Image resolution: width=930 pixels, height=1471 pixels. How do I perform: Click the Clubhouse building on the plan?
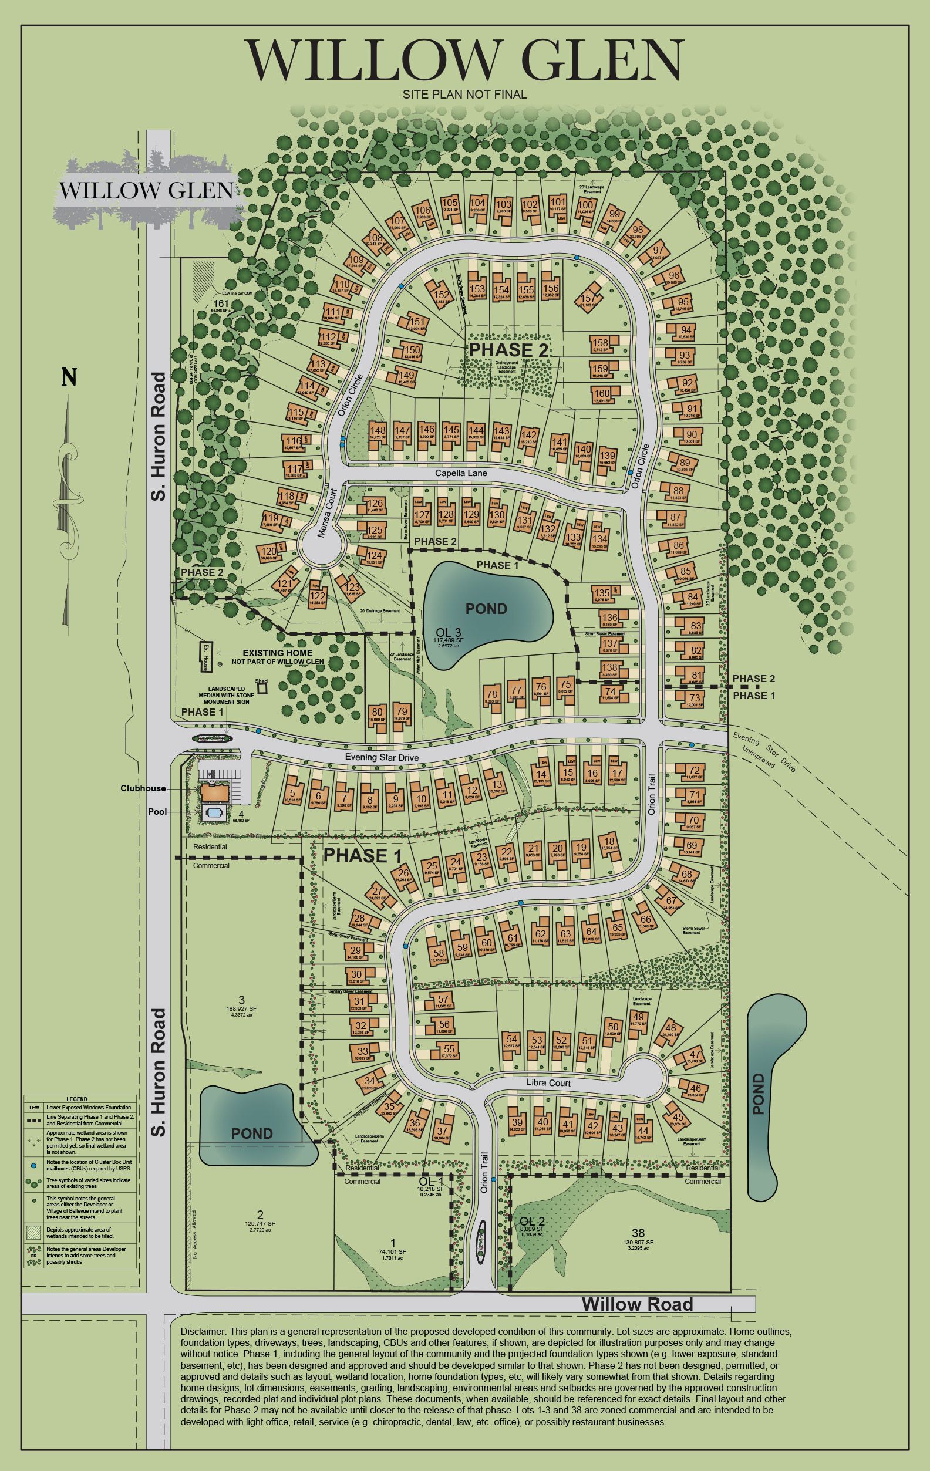(x=214, y=792)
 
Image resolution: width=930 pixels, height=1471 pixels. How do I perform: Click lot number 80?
(x=377, y=711)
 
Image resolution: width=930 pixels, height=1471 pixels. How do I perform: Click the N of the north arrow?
(x=69, y=378)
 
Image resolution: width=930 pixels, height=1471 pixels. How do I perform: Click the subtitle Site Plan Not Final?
(x=464, y=94)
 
